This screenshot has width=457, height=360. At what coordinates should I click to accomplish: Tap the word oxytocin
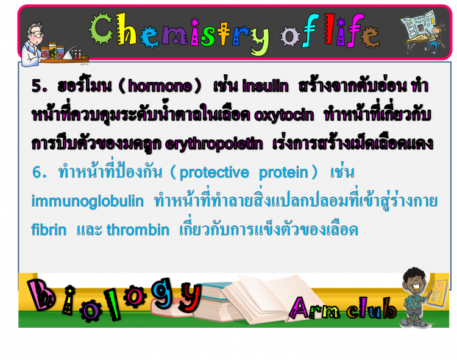(x=284, y=115)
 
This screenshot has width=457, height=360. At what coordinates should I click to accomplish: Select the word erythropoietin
(x=214, y=144)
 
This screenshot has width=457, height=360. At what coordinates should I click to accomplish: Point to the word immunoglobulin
(x=87, y=201)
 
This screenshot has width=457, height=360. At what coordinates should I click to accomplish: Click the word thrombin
(x=138, y=230)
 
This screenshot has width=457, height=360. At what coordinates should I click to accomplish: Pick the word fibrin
(x=49, y=230)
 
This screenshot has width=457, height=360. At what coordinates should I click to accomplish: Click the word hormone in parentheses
(x=160, y=86)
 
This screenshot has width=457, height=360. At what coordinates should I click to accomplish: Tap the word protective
(x=214, y=172)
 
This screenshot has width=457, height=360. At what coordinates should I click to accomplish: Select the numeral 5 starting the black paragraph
(x=38, y=86)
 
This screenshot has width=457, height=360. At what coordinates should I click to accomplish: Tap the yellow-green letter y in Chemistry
(x=259, y=41)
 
